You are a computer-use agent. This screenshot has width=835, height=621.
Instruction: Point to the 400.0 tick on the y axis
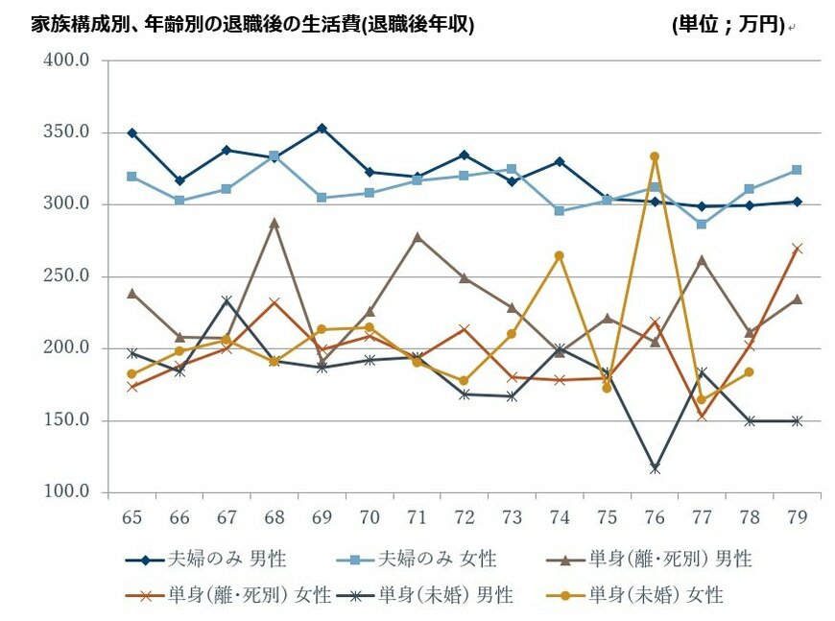67,60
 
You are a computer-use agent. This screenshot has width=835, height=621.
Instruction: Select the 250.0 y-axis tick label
67,276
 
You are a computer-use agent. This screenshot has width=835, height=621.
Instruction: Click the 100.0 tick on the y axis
67,492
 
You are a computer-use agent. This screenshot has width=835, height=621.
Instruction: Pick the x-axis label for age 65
131,516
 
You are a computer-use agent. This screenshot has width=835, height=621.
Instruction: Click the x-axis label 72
465,516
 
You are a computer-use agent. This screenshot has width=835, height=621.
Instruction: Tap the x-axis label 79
797,516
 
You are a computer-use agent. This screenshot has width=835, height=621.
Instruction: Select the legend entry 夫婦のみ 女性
437,559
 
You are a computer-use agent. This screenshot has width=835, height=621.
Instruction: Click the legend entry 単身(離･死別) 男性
670,559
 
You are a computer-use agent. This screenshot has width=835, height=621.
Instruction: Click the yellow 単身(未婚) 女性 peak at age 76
654,156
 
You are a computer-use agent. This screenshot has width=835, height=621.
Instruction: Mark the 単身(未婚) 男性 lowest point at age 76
654,468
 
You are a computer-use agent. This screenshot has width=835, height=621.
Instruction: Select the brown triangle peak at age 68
274,223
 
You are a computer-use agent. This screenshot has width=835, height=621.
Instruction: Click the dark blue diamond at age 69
322,129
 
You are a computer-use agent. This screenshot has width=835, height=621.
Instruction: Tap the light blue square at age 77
702,225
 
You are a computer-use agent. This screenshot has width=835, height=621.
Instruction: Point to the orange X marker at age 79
797,248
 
